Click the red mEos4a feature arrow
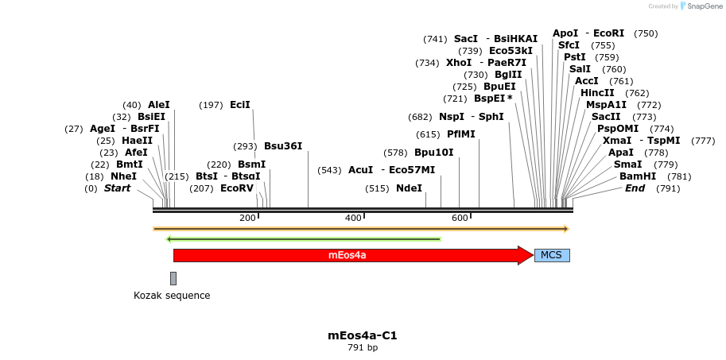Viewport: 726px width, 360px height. (x=347, y=255)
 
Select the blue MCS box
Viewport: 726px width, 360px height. (x=552, y=255)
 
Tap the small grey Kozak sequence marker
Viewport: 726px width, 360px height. (x=173, y=278)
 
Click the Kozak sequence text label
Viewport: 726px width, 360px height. (x=172, y=296)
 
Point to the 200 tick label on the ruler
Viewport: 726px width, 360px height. (x=247, y=219)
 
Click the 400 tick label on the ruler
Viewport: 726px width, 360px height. (x=353, y=219)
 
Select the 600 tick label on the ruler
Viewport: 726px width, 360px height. (x=460, y=219)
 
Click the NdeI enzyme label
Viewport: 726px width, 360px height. (x=409, y=188)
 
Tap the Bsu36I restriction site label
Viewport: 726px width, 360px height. (x=283, y=146)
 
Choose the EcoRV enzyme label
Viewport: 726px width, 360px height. (x=236, y=188)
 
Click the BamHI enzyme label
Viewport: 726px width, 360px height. (x=638, y=176)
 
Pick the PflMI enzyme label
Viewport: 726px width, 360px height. (x=460, y=134)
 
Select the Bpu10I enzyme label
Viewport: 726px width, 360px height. (x=433, y=153)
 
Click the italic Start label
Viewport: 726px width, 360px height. (x=117, y=188)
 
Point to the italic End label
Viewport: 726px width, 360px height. (x=635, y=188)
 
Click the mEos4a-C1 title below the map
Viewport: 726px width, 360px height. (x=363, y=335)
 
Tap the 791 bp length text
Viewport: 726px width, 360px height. (x=363, y=348)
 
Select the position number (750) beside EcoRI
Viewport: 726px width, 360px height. (x=646, y=33)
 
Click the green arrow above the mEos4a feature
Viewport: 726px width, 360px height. (x=303, y=238)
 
